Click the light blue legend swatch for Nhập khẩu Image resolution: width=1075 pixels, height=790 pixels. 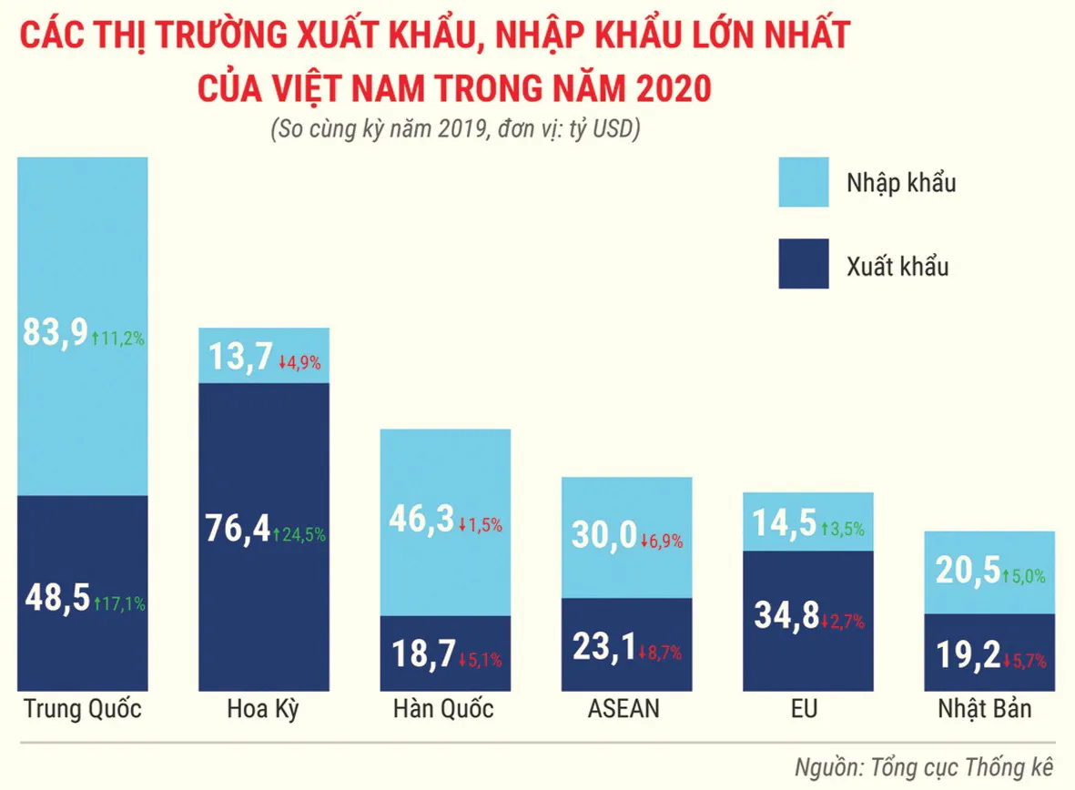(x=804, y=182)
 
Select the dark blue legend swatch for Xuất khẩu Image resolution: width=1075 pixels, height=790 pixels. (x=804, y=264)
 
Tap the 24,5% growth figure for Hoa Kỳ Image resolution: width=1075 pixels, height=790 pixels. (x=300, y=535)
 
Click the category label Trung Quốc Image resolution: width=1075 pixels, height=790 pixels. (x=82, y=709)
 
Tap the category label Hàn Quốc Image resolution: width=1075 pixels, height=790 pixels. (x=443, y=709)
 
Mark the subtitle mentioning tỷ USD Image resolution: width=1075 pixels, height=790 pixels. (x=455, y=130)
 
